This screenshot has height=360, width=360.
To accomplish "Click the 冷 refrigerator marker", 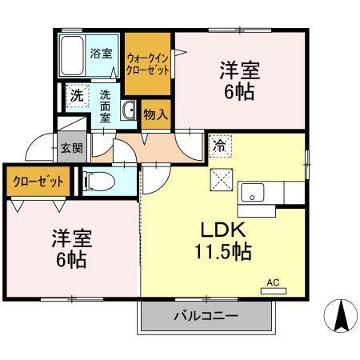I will tap(218, 146).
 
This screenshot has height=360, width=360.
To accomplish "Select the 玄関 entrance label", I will tap(69, 148).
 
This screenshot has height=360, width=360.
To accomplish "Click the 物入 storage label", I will tap(155, 114).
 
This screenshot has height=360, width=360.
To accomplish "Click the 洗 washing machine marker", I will tap(76, 95).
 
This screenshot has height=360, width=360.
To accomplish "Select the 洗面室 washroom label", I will tap(106, 104).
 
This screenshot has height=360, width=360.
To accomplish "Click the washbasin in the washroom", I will tap(129, 111).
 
